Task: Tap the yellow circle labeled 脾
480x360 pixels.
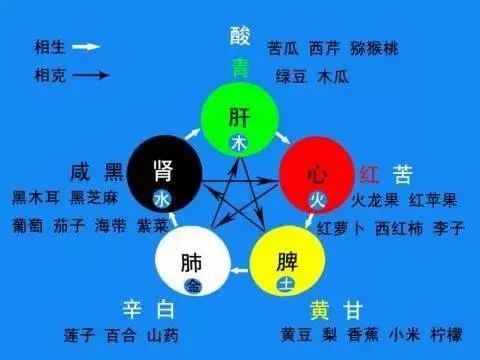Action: pos(287,264)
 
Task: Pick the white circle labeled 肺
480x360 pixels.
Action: pos(193,264)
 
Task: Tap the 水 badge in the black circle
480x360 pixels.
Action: pos(162,199)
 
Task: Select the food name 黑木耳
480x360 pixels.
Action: pos(32,197)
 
